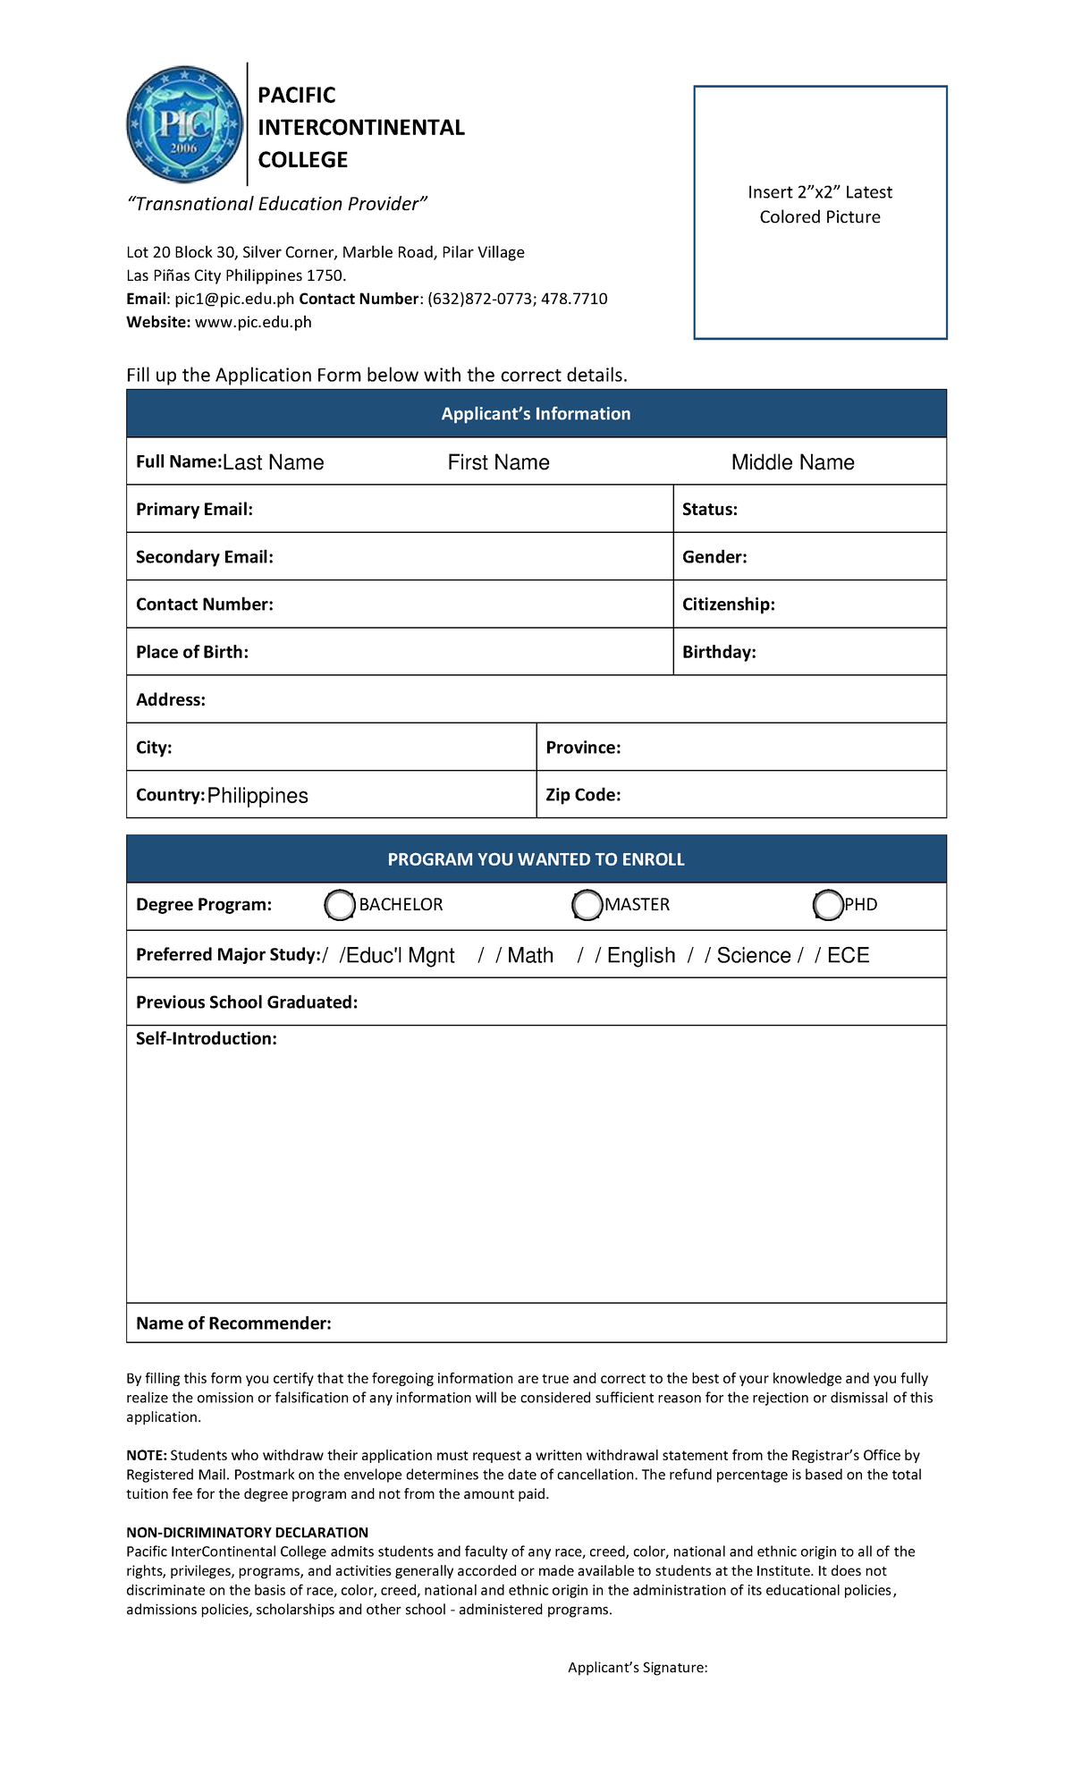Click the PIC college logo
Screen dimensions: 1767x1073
[184, 125]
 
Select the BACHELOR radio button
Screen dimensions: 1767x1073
[340, 905]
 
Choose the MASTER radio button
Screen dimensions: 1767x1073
[587, 905]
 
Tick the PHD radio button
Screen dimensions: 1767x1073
[828, 905]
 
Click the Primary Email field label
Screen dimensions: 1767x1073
[194, 510]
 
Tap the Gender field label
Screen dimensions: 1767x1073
[714, 557]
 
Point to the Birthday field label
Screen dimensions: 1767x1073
[718, 652]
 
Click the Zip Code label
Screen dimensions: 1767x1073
[582, 795]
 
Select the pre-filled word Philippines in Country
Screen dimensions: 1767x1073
[258, 796]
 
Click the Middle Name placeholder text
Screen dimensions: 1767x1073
[792, 462]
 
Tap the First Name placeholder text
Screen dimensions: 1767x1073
[498, 462]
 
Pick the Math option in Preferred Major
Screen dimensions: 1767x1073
[530, 956]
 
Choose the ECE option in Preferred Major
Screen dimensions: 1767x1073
[848, 956]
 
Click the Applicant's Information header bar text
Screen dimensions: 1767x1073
[536, 414]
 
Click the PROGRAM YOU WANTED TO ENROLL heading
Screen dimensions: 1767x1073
[536, 859]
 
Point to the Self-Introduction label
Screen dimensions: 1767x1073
[206, 1039]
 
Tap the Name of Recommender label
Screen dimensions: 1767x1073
[233, 1323]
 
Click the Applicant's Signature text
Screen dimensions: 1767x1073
[638, 1667]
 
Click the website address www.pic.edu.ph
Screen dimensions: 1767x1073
[253, 322]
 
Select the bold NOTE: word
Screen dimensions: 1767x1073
[146, 1455]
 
